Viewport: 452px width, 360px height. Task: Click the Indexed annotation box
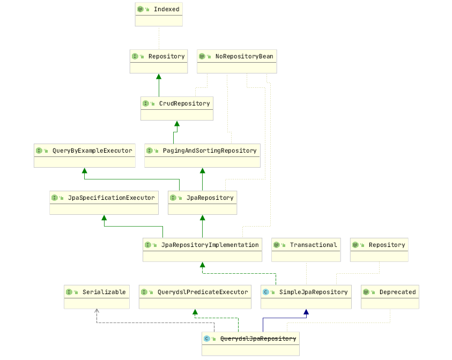158,14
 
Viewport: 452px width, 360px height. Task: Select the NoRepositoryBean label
244,56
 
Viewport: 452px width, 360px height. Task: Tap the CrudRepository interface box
177,108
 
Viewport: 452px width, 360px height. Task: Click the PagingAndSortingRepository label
210,151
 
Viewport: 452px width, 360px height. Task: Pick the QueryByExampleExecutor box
85,155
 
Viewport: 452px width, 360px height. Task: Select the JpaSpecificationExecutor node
104,202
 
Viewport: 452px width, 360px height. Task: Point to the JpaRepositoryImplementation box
202,250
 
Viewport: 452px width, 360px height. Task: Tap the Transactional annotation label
313,245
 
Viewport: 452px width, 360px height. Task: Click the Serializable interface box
97,297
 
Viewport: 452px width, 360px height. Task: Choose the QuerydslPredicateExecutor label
203,292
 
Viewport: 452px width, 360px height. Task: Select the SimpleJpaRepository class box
306,297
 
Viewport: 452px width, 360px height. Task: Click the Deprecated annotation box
390,297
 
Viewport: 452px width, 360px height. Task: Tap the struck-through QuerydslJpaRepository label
258,339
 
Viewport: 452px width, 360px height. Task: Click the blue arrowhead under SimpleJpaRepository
306,312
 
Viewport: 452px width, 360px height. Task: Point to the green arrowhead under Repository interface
159,77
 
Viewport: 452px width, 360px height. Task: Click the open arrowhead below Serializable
97,311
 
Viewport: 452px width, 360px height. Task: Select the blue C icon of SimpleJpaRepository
266,292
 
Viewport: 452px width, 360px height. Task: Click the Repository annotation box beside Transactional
379,250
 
